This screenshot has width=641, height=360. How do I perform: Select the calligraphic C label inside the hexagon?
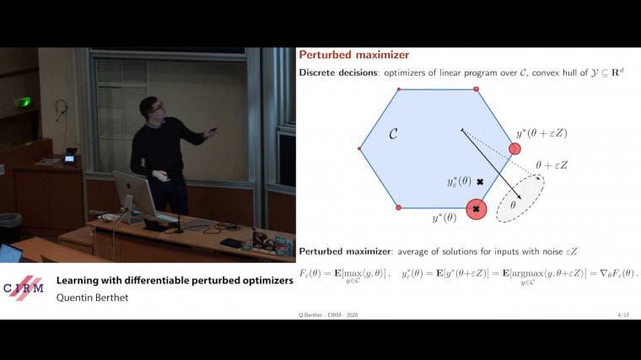392,133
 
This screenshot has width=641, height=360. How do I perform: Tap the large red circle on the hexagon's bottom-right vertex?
476,208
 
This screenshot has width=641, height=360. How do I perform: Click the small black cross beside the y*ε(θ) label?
480,182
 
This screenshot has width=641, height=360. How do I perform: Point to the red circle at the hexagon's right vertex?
514,149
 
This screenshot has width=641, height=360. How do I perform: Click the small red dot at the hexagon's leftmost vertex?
360,149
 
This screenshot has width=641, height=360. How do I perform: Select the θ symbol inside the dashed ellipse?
512,204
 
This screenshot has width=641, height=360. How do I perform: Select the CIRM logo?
24,287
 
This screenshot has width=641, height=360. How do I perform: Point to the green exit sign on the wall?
26,102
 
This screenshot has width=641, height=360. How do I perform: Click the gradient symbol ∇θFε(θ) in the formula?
611,273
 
